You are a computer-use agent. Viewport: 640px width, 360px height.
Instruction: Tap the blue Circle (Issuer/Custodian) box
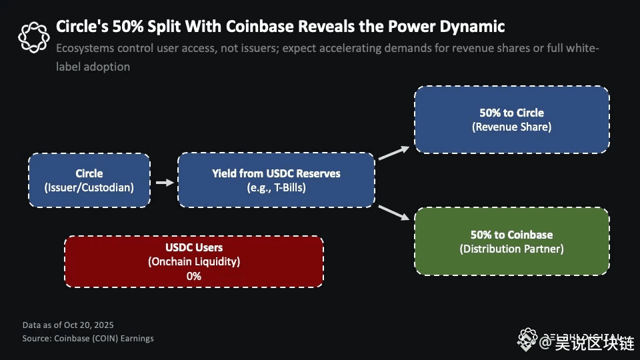[x=89, y=180]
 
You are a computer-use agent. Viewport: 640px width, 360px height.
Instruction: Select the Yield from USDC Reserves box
[x=276, y=179]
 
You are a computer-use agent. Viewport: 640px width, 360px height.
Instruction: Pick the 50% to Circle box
[x=511, y=119]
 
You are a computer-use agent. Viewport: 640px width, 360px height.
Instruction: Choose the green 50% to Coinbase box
[x=511, y=241]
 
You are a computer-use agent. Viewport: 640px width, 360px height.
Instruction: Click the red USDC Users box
[x=193, y=261]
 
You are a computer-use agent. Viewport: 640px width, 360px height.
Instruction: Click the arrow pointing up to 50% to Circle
[x=395, y=152]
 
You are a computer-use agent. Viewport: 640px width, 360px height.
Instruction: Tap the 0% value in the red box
[x=193, y=275]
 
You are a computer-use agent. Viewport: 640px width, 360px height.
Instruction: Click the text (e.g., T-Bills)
[x=276, y=187]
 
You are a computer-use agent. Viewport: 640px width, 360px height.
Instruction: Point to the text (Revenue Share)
[x=511, y=127]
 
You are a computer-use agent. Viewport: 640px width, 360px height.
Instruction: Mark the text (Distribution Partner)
[x=511, y=249]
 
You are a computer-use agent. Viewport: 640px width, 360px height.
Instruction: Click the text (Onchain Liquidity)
[x=193, y=261]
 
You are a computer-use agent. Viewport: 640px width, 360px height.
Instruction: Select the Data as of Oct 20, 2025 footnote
[x=67, y=325]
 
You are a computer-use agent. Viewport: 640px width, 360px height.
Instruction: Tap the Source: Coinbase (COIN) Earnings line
[x=88, y=338]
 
